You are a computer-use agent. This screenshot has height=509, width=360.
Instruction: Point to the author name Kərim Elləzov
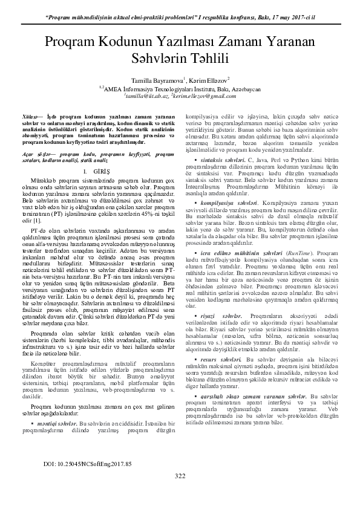tap(204, 79)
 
